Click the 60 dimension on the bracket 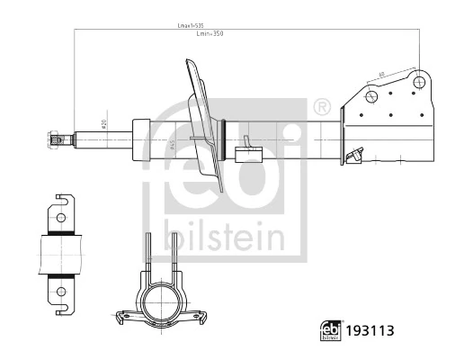point(381,74)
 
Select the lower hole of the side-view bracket point(60,290)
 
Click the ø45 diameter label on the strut point(170,145)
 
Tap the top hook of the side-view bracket point(64,199)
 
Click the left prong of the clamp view point(147,256)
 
